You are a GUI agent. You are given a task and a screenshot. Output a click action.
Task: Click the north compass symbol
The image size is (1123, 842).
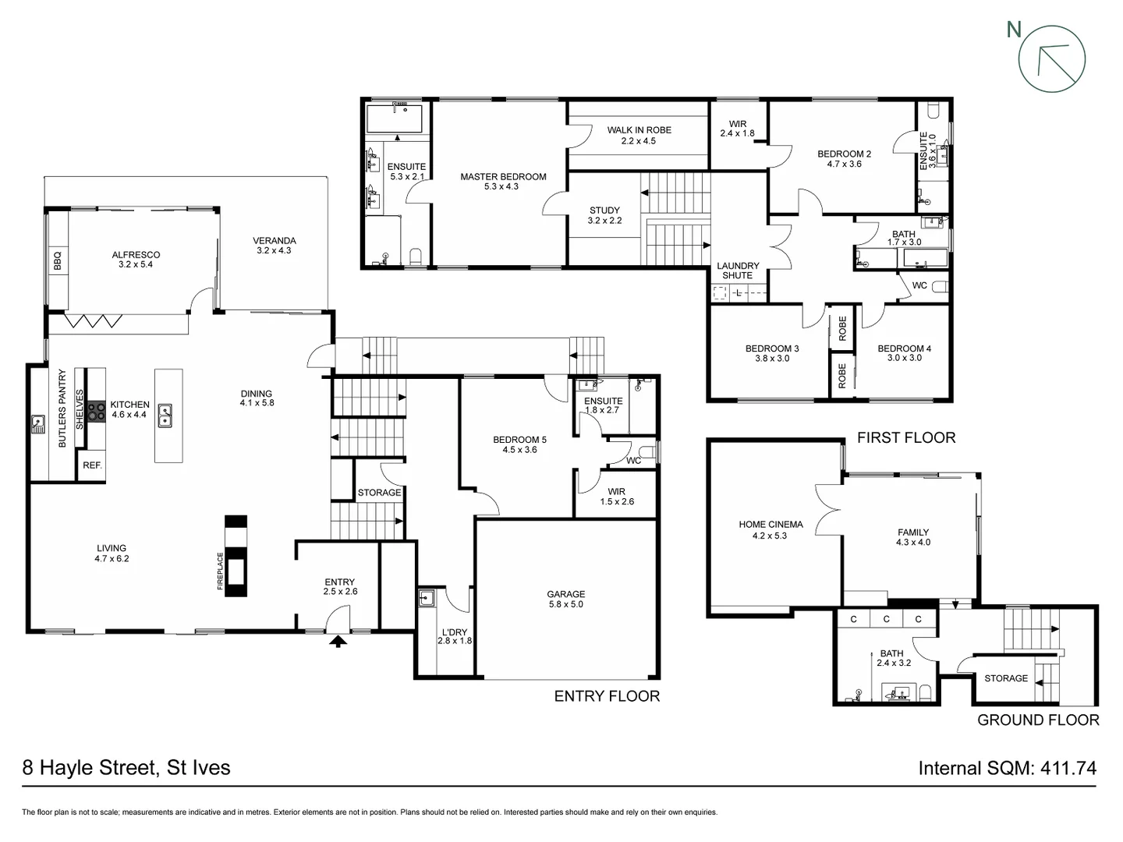point(1051,58)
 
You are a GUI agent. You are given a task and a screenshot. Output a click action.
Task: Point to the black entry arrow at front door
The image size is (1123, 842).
point(338,642)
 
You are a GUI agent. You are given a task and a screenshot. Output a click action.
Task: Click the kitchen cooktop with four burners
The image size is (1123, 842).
point(96,411)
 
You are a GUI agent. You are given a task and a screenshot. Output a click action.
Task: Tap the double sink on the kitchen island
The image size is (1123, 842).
point(165,416)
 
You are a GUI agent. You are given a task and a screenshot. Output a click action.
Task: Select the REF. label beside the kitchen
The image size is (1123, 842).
point(92,465)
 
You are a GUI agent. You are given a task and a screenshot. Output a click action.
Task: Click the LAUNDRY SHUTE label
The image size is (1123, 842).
point(737,271)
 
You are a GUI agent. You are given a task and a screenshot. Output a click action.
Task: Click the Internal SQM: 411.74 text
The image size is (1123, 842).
point(1007,768)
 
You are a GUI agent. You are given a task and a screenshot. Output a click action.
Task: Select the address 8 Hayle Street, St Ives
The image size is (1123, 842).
point(126,768)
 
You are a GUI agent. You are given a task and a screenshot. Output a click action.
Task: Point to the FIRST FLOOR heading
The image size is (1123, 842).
point(905,437)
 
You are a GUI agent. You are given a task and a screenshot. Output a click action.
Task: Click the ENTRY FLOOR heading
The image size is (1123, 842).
point(607,696)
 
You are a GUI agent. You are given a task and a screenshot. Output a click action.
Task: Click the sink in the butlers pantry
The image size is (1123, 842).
point(37,425)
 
